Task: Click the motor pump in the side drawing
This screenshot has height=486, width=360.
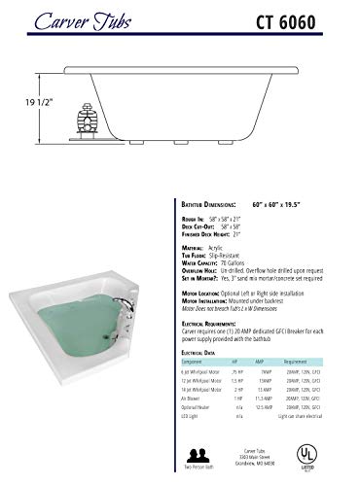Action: coord(86,124)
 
